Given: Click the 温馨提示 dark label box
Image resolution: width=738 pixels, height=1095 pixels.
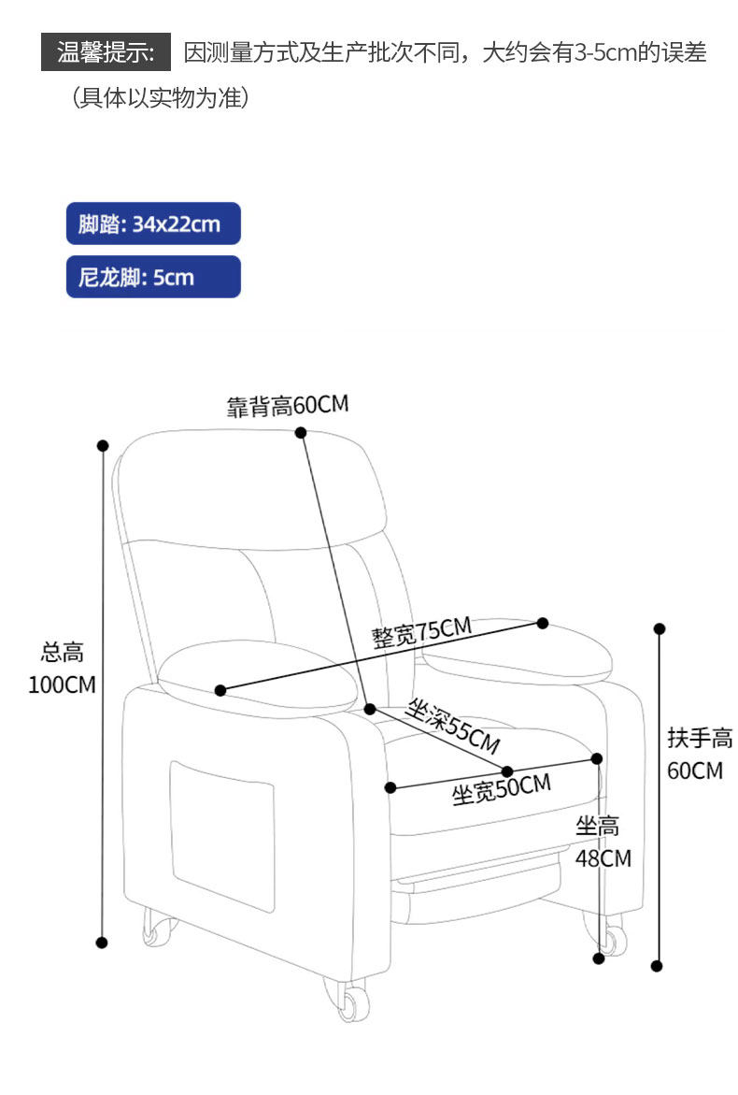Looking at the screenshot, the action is tap(106, 52).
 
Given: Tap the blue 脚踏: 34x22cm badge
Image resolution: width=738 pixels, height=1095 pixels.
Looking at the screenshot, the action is tap(153, 224).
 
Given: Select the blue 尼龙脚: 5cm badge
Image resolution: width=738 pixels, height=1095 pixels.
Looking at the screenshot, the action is tap(153, 277).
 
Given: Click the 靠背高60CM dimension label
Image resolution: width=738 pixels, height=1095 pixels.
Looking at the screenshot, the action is tap(287, 406).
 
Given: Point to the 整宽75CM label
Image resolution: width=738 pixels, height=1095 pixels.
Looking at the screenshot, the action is tap(421, 632).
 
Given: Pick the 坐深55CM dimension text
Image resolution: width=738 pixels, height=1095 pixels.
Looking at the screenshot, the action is tap(453, 727).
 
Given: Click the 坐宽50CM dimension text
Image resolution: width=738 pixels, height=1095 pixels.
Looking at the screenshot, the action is tap(501, 790).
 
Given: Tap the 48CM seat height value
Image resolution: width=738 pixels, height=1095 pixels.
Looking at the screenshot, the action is tap(603, 857).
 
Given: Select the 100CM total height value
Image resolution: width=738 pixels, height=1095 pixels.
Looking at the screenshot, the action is tap(62, 684).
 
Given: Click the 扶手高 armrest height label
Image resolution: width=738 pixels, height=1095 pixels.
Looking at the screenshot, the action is tap(700, 739).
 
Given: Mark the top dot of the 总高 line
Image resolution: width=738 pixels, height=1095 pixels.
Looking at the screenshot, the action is tap(103, 446).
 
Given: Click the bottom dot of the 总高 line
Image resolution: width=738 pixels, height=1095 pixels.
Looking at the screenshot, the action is tap(103, 943).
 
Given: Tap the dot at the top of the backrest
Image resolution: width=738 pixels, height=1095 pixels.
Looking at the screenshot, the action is tap(301, 432).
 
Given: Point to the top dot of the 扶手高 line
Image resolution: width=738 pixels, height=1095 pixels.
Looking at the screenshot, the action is tap(659, 628).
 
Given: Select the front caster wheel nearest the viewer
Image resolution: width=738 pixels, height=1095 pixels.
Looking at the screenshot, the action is tap(351, 1001).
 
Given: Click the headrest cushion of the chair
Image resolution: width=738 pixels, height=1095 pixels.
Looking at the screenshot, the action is tap(252, 486).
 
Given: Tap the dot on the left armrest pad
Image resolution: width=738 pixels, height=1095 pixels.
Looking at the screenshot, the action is tap(220, 690).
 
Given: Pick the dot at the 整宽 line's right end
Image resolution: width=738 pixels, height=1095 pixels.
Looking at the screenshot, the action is tap(542, 623).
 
